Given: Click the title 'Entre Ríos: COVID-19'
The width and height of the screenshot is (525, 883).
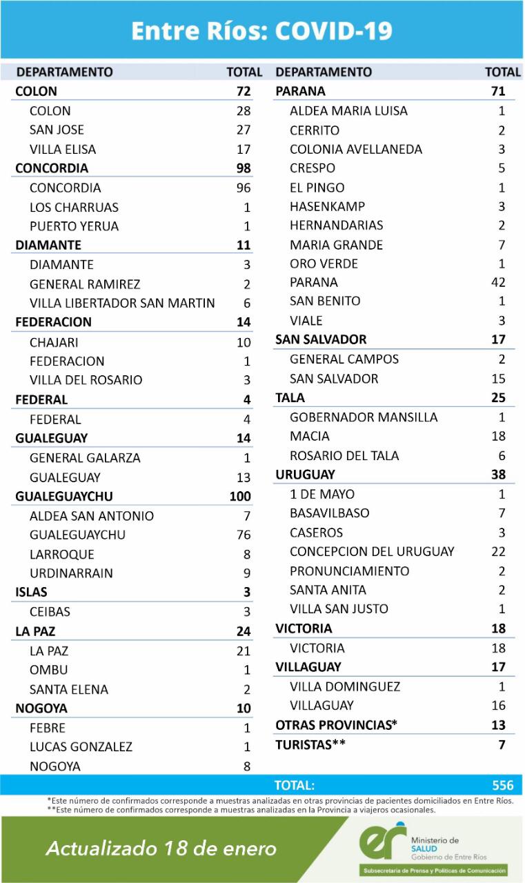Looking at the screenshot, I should tap(262, 30).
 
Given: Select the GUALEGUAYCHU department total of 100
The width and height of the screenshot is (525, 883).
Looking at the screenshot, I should tap(240, 496).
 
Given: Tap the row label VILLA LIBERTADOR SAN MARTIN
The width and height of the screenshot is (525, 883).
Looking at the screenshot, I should tap(122, 303).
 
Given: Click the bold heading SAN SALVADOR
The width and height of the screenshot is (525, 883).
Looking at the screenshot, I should tap(321, 339).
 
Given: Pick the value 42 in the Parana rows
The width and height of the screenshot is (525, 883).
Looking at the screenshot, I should tap(497, 282).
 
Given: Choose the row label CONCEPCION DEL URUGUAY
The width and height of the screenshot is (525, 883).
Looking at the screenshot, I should tap(372, 551).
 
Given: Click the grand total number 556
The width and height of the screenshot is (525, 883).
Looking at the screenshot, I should tap(503, 785).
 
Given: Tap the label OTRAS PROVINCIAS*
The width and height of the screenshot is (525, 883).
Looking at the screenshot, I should tap(337, 725).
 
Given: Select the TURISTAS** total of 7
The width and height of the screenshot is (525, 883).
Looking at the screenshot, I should tap(502, 744).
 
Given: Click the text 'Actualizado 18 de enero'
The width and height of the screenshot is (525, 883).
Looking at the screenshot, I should tap(161, 849).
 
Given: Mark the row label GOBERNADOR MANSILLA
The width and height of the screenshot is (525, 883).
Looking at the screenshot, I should tap(364, 417).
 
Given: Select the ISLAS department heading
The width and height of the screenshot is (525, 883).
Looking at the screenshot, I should tap(32, 592).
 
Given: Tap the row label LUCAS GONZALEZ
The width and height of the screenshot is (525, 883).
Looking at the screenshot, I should tap(81, 746).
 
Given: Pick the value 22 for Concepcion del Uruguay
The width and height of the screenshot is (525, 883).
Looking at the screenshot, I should tap(497, 551).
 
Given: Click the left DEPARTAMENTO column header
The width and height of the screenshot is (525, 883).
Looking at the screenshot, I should tap(64, 72).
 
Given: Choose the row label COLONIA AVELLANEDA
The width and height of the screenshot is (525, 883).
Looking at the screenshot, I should tap(356, 149).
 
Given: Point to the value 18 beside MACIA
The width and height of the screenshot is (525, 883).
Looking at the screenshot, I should tap(497, 436).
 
